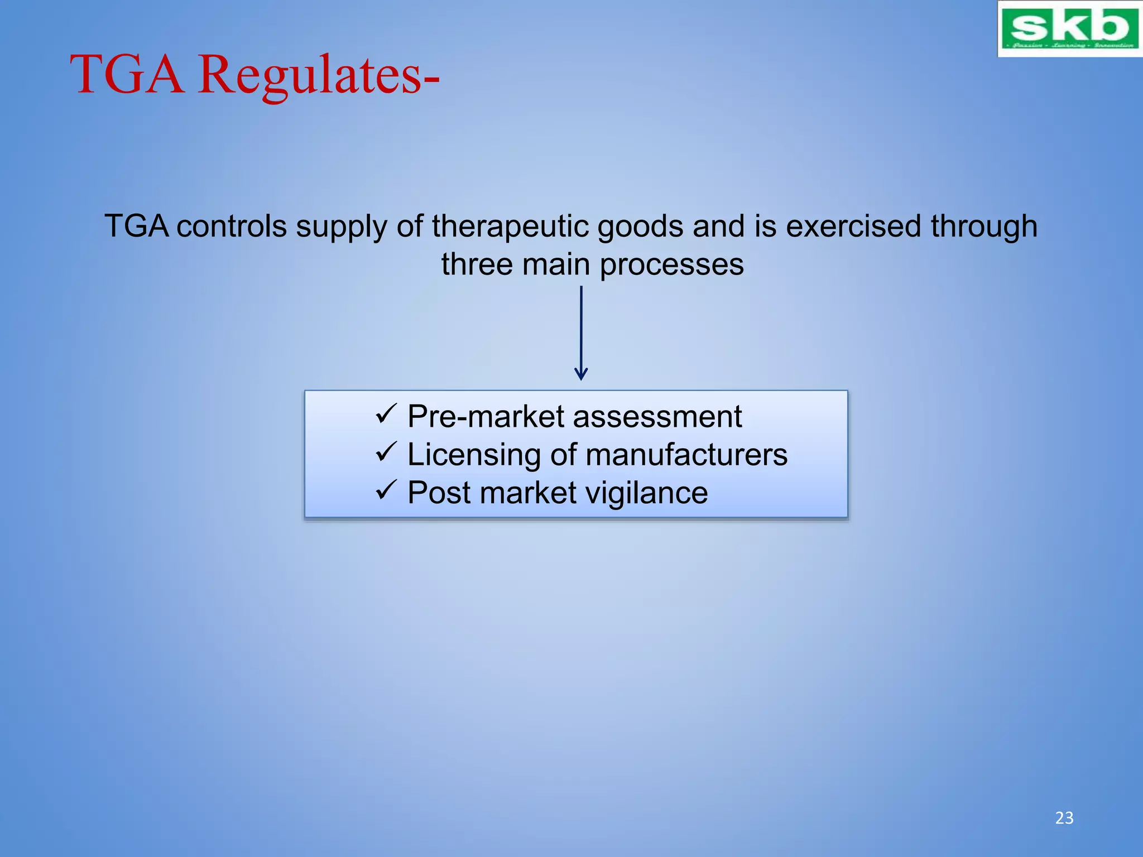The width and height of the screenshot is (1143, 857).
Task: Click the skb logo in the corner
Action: click(x=1069, y=28)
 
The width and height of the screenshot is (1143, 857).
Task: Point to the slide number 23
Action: click(x=1064, y=818)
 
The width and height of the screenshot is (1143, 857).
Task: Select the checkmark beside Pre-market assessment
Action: click(x=386, y=415)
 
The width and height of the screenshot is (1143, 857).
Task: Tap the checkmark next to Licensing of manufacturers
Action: click(x=386, y=452)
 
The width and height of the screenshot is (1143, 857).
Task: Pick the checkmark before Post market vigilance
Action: click(x=386, y=490)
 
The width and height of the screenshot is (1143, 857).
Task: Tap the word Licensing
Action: click(x=474, y=455)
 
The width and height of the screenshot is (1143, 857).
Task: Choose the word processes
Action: click(x=671, y=265)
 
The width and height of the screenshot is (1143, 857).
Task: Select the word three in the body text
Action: click(x=477, y=264)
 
